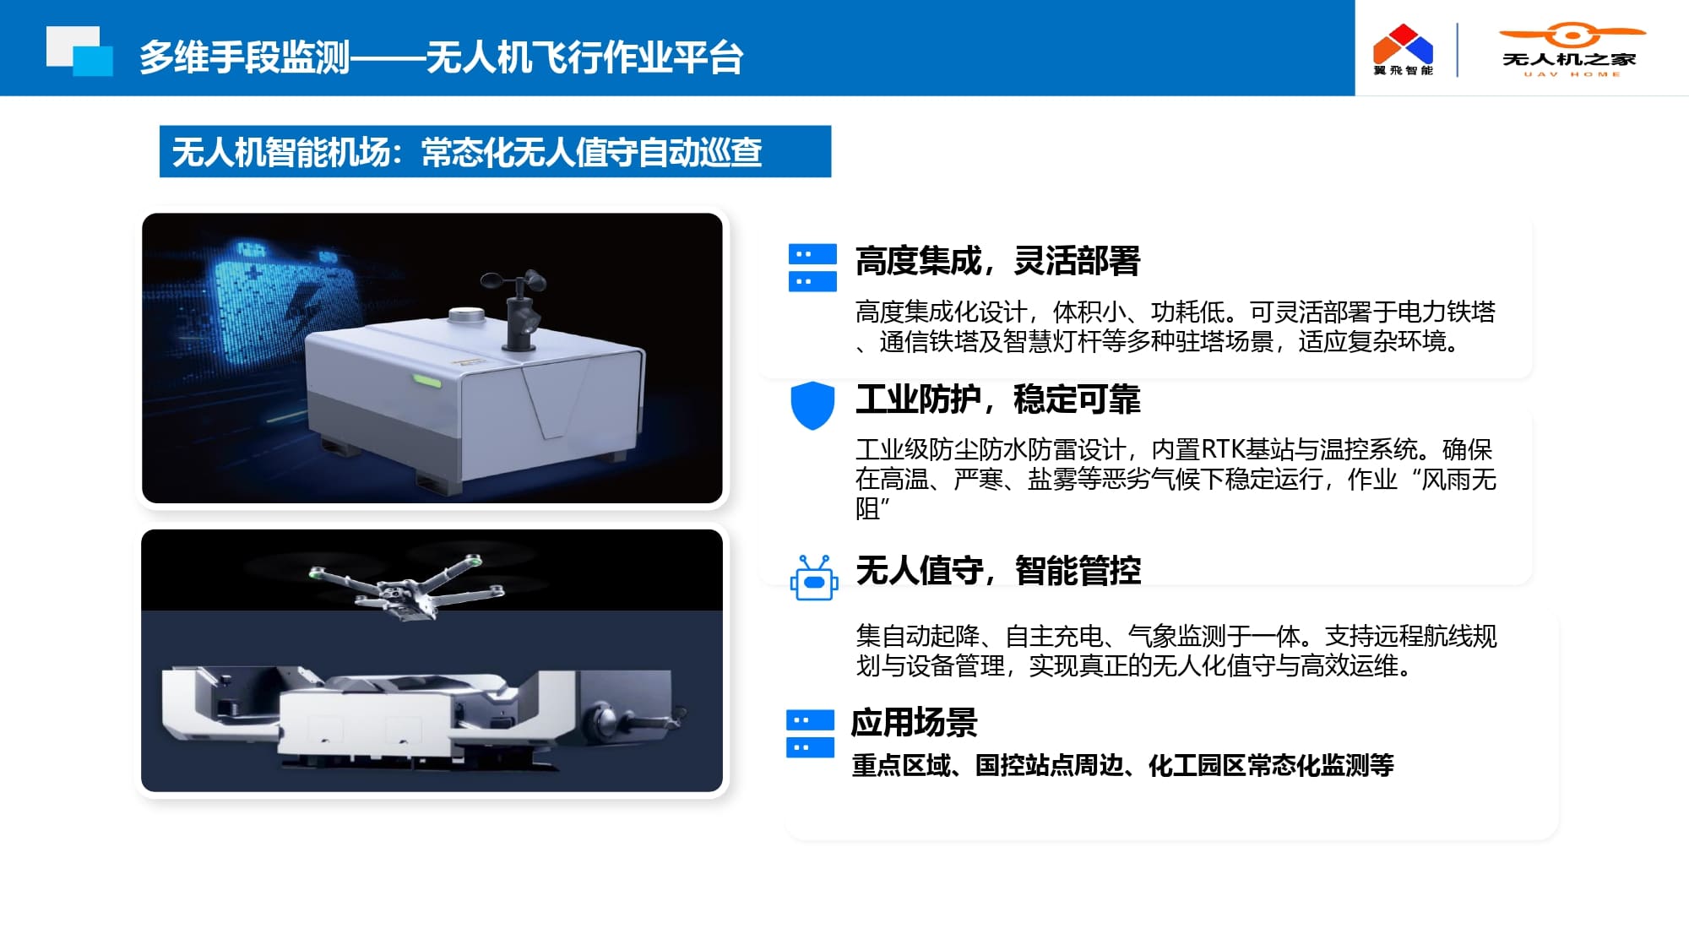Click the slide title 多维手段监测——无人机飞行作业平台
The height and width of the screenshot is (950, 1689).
tap(441, 57)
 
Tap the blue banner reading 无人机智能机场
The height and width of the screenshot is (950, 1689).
tap(495, 152)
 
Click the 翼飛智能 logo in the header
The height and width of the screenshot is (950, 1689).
tap(1403, 50)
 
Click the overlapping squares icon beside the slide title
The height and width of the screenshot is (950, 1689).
tap(79, 52)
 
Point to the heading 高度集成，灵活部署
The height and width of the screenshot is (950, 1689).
tap(997, 261)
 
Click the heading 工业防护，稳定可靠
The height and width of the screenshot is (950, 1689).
tap(997, 399)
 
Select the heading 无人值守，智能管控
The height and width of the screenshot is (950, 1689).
tap(998, 571)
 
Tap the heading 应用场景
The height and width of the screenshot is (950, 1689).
tap(914, 723)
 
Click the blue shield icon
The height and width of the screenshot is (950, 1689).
tap(812, 405)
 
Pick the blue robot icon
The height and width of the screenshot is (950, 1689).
tap(814, 578)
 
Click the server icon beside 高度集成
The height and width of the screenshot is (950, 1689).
tap(812, 268)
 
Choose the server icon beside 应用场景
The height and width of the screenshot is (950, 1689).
tap(810, 734)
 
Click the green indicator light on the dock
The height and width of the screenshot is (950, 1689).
tap(426, 380)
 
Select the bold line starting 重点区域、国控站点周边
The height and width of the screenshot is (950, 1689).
tap(1122, 765)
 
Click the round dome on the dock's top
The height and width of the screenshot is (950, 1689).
tap(465, 317)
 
